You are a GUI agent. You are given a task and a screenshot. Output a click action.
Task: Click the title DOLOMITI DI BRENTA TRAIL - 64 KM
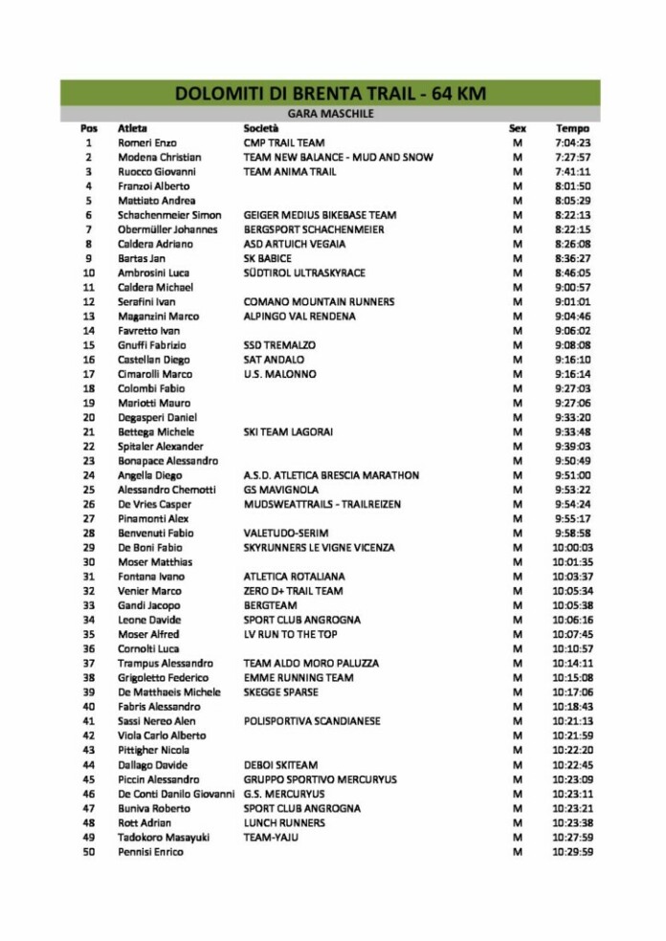coord(330,93)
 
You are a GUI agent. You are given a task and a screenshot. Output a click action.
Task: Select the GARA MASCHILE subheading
coord(330,114)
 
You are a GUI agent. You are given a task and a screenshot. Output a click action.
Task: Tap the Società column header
coord(261,128)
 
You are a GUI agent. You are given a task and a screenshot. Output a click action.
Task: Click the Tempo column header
coord(572,128)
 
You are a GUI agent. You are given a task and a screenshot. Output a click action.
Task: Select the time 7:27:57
coord(572,157)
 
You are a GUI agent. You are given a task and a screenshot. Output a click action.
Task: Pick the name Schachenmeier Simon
coord(169,215)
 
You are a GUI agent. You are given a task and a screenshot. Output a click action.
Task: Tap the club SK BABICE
coord(268,258)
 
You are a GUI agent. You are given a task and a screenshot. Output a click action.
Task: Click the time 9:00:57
coord(572,287)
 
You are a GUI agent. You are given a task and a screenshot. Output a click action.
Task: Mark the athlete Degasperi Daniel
coord(157,418)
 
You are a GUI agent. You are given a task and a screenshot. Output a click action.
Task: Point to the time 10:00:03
coord(572,548)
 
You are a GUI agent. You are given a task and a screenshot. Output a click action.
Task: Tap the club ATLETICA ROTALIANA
coord(295,577)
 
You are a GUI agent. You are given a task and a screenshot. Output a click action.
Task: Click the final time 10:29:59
coord(572,851)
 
